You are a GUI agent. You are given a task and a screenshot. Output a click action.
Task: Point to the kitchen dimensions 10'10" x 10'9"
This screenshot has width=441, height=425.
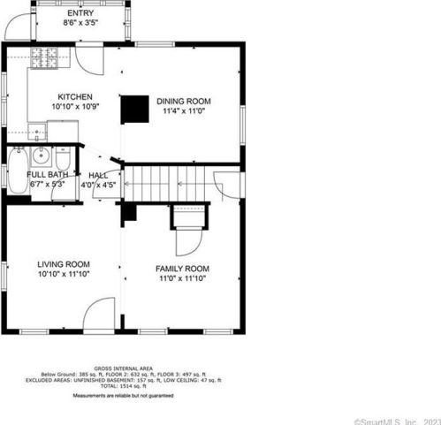76,106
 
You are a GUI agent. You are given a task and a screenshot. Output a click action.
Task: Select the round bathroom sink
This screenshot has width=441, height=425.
40,156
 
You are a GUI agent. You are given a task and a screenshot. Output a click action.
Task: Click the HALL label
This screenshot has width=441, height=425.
99,175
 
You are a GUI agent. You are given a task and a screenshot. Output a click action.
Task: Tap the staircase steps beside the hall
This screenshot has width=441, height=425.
168,185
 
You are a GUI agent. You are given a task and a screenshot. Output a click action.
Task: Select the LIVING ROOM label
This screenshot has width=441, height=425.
64,263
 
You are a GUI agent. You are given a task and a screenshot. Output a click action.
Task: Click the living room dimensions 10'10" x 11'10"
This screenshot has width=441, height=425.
64,273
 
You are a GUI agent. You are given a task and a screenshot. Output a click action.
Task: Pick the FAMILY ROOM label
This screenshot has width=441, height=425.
182,268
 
